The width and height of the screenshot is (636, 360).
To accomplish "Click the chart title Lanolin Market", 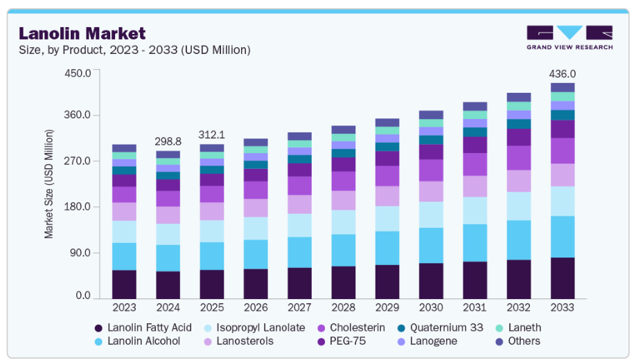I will (x=82, y=33).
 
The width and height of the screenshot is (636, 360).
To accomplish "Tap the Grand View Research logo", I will (x=569, y=37).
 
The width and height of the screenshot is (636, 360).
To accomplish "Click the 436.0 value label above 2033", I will (x=562, y=74).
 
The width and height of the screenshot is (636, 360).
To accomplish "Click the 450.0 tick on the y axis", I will (x=77, y=73).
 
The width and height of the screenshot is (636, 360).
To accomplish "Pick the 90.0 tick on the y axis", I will (x=80, y=253).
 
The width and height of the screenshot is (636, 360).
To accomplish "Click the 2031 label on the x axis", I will (x=475, y=307).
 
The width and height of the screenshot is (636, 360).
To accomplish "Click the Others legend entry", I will (x=523, y=341).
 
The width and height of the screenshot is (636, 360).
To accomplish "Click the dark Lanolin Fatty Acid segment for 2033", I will (x=563, y=278).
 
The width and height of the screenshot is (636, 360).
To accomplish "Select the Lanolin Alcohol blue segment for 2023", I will (x=124, y=256).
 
